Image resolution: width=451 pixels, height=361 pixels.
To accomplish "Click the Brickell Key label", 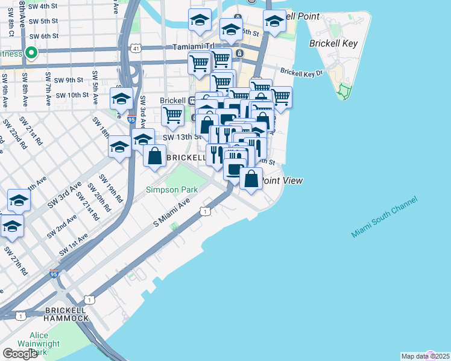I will [x=333, y=43].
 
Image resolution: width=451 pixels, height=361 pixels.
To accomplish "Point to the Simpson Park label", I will [x=172, y=190].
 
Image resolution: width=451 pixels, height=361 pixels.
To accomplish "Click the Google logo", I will [x=20, y=354].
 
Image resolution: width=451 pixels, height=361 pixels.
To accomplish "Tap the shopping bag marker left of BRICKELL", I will [x=155, y=155].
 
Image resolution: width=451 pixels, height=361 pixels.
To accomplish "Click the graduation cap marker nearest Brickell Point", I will [x=275, y=22].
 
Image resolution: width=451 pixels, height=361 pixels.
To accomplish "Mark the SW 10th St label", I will [x=72, y=95].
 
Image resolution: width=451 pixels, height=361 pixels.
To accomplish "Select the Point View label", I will [x=282, y=180].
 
